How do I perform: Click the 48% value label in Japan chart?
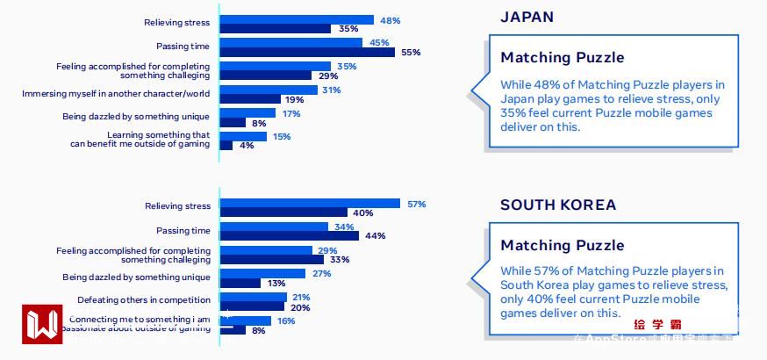(391, 19)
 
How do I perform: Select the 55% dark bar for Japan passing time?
(306, 53)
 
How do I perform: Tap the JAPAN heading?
(527, 17)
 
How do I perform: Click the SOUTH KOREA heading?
(558, 205)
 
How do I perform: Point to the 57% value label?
(416, 204)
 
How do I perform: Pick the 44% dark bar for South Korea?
(289, 236)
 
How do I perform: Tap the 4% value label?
(247, 146)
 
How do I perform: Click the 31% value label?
(331, 90)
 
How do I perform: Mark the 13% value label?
(276, 283)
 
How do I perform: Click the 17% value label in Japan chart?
(291, 113)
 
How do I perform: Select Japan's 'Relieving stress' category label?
(177, 23)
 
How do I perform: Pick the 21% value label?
(301, 297)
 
